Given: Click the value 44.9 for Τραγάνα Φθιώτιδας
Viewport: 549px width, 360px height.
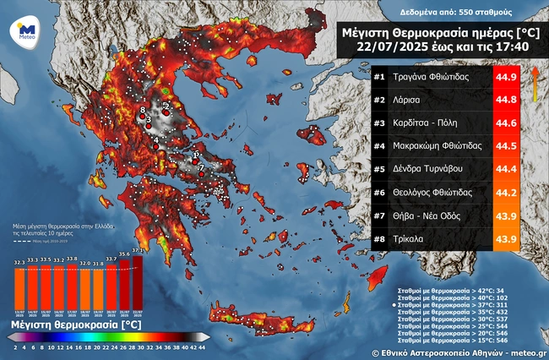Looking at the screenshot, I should coord(505,79).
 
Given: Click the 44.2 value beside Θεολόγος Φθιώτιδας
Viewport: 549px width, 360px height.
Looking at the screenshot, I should coord(505,193).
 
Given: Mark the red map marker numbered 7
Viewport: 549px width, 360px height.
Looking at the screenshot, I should coord(201,172).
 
